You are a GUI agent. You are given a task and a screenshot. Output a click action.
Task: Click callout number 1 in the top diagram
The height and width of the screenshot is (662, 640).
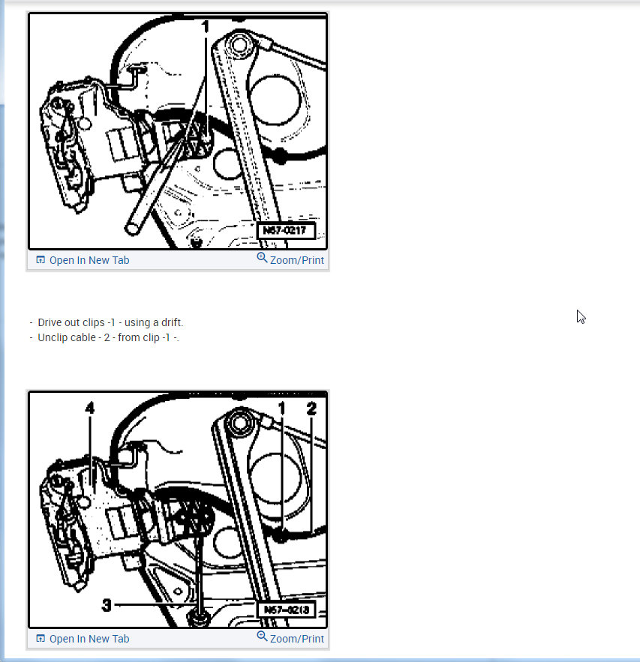point(205,26)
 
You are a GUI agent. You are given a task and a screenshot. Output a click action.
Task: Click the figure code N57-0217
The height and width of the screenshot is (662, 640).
point(286,230)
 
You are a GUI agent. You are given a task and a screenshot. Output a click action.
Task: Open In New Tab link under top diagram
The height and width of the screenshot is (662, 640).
point(89,260)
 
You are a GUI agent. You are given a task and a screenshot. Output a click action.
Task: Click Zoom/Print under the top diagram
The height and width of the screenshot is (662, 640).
point(296,260)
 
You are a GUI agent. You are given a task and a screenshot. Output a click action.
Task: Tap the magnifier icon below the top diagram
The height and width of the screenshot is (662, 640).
point(262,258)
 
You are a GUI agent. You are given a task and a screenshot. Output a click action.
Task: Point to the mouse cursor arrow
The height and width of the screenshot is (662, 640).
point(580,316)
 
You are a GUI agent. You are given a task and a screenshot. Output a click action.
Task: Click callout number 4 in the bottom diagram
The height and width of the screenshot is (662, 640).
point(90,409)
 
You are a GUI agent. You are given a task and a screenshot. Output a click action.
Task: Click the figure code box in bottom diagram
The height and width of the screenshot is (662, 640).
point(286,610)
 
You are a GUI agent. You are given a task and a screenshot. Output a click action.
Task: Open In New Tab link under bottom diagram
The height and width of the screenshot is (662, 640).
point(89,639)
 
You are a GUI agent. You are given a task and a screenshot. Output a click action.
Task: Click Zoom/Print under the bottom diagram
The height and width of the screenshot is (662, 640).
point(296,639)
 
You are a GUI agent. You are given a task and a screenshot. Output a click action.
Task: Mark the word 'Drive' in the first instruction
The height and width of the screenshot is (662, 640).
point(51,322)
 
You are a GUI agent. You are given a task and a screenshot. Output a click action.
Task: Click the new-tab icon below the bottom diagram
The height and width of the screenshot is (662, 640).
point(41,639)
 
